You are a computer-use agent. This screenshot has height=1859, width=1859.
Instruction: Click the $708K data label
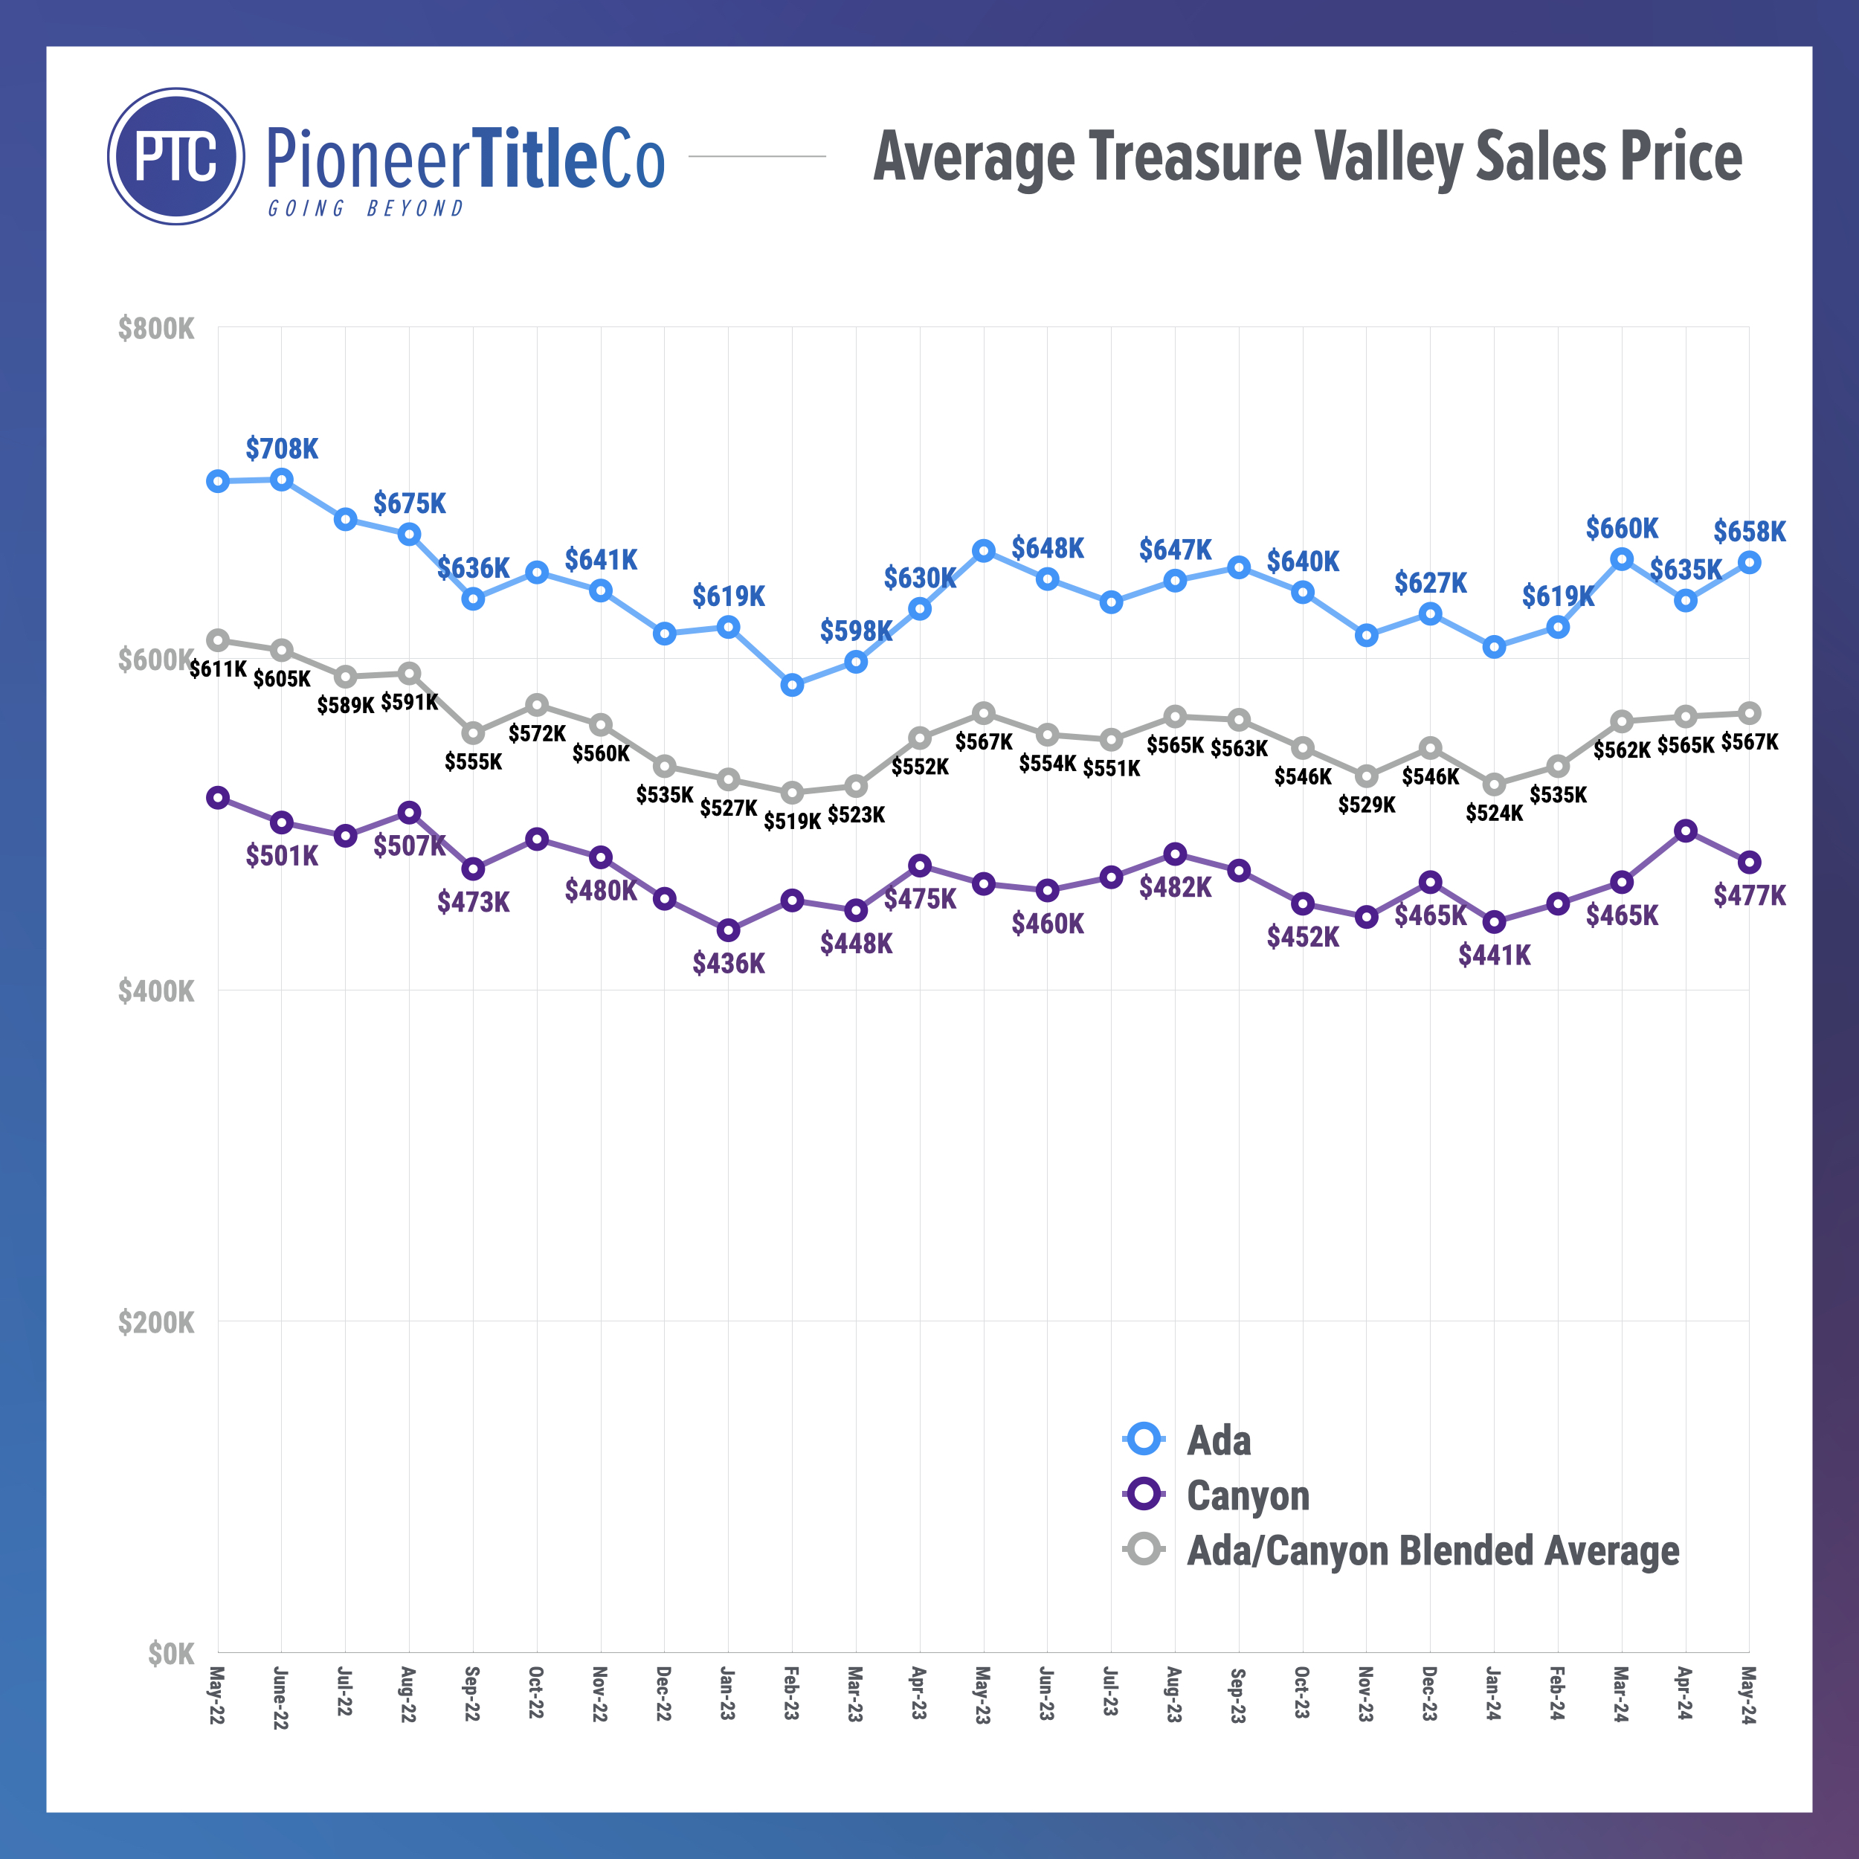point(281,448)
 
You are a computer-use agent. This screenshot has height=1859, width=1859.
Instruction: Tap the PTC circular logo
point(176,157)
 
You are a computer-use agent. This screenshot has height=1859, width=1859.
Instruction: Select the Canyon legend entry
point(1247,1495)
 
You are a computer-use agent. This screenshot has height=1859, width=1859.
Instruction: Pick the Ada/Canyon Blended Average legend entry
point(1431,1551)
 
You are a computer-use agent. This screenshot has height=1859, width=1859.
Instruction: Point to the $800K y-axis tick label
point(156,329)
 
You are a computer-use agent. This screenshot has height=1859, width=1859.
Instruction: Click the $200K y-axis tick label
point(156,1323)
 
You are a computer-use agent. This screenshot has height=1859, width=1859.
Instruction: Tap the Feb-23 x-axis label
point(791,1693)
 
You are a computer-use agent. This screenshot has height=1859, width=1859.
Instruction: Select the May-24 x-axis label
point(1748,1693)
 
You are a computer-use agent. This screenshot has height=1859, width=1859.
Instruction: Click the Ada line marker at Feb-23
point(792,685)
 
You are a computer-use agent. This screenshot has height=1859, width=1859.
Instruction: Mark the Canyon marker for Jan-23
point(729,929)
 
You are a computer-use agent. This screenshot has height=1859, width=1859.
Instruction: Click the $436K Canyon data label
point(729,963)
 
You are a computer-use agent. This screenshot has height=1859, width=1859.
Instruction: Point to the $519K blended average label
point(792,821)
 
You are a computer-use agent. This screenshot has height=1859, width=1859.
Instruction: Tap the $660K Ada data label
point(1621,528)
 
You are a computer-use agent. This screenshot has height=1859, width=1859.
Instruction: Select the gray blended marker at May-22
point(219,640)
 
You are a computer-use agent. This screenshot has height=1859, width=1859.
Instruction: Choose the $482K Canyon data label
point(1175,887)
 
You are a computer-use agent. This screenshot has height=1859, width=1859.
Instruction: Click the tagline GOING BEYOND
point(366,209)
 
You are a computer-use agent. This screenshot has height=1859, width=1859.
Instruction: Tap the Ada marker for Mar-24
point(1621,559)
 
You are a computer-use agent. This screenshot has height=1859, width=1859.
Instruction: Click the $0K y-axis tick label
point(170,1654)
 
